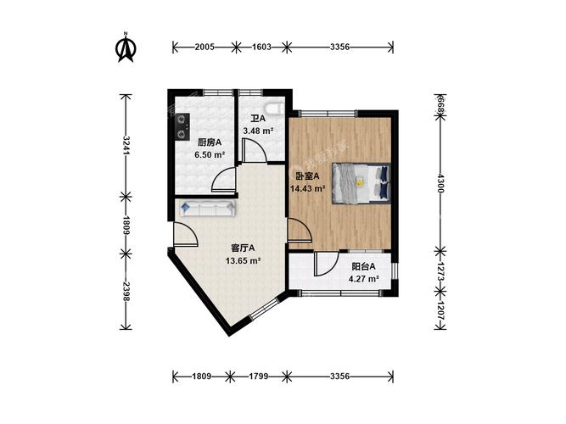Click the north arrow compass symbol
tap(126, 47)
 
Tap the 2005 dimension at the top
tap(205, 47)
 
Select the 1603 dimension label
tap(261, 47)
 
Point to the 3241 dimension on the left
tap(126, 145)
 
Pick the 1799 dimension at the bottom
tap(259, 377)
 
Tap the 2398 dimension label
tap(126, 292)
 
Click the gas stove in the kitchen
tap(182, 126)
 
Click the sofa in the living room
tap(208, 209)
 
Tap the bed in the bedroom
tap(361, 183)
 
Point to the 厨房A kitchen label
tap(210, 143)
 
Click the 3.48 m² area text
tap(258, 131)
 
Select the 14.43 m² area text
tap(308, 188)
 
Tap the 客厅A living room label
tap(243, 248)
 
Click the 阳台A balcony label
tap(363, 266)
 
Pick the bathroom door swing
tap(255, 150)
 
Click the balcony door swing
tap(326, 264)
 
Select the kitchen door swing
tap(224, 180)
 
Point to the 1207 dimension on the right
tap(440, 310)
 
